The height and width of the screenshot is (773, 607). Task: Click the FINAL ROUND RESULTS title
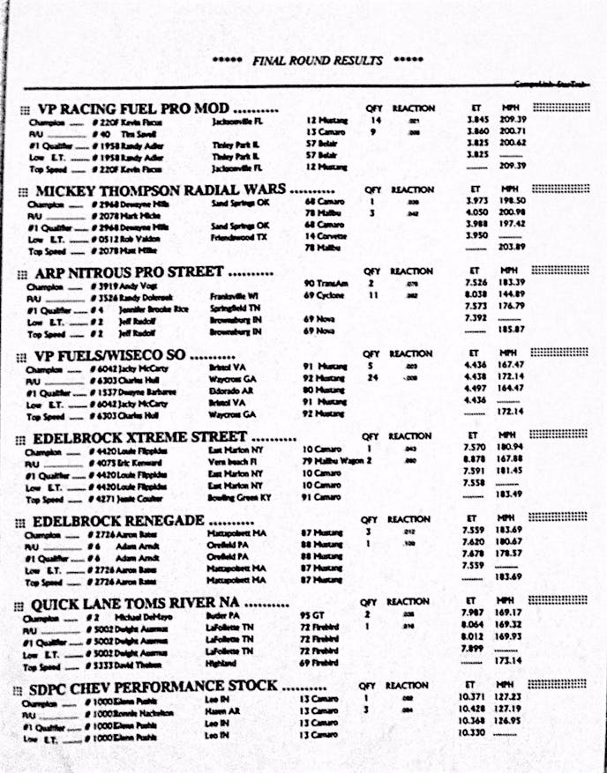click(318, 61)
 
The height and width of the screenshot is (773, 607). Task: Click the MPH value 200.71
click(513, 131)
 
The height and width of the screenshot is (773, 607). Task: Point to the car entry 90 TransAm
click(323, 283)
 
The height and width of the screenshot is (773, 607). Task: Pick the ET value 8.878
click(474, 460)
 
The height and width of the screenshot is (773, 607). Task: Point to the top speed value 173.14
click(513, 660)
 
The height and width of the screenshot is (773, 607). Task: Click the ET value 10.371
click(475, 696)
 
